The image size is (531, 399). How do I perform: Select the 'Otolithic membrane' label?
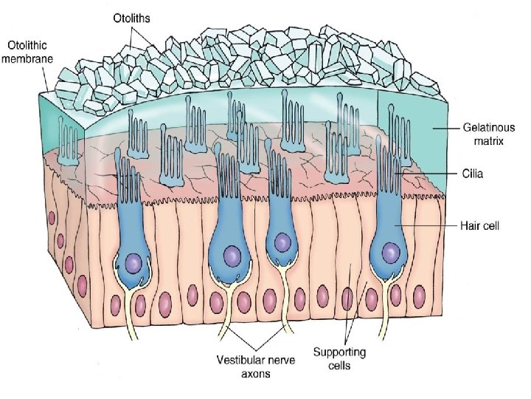click(x=27, y=52)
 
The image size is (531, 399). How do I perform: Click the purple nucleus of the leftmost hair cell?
click(x=134, y=262)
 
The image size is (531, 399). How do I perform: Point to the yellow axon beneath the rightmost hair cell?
click(x=386, y=310)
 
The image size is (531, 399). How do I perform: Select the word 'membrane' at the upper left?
click(x=27, y=58)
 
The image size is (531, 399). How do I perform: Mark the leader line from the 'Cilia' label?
click(x=435, y=173)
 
